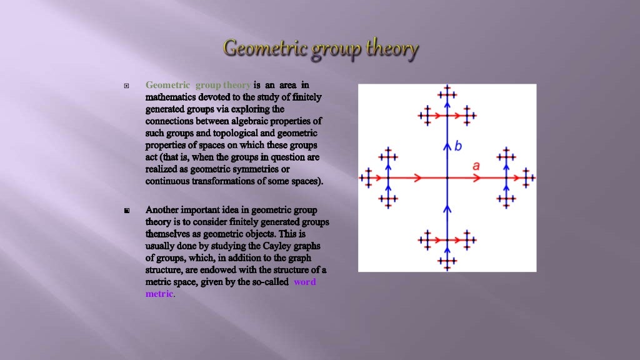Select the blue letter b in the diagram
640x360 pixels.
(458, 146)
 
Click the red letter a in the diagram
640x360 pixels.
(476, 166)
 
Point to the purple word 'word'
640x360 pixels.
(304, 282)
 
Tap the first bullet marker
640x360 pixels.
(127, 85)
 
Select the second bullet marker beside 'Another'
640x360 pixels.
(127, 211)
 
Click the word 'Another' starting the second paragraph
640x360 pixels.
(164, 209)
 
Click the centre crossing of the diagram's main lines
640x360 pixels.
(447, 178)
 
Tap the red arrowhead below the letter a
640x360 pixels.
(477, 178)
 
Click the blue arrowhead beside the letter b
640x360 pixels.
(447, 147)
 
